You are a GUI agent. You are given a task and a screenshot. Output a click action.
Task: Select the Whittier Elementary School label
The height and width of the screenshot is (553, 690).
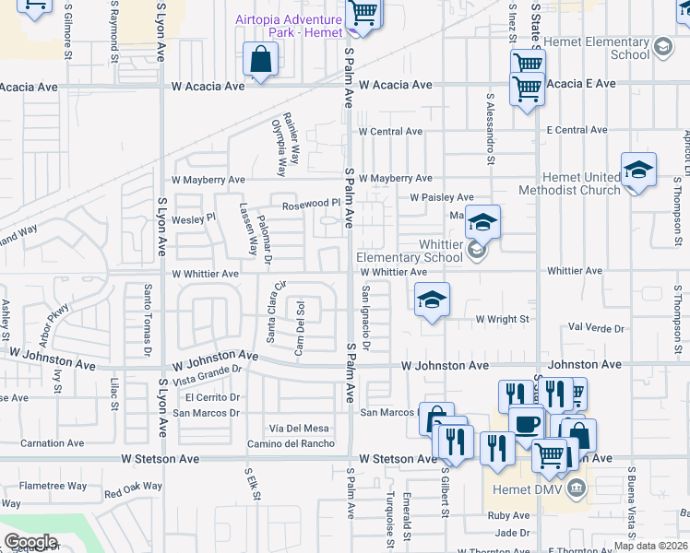[409, 251]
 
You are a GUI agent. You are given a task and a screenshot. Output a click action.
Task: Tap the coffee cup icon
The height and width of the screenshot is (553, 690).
[527, 424]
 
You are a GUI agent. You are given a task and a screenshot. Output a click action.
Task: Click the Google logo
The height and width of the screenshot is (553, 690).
[30, 542]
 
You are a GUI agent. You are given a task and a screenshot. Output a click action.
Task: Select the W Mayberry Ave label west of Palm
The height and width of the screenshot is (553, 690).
[208, 180]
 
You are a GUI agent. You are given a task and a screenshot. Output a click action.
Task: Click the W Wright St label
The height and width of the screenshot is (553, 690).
[502, 319]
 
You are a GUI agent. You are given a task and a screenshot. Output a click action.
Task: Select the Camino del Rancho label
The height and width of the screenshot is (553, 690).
[290, 443]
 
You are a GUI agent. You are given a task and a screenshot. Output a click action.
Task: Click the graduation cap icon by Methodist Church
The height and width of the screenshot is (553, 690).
[638, 170]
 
